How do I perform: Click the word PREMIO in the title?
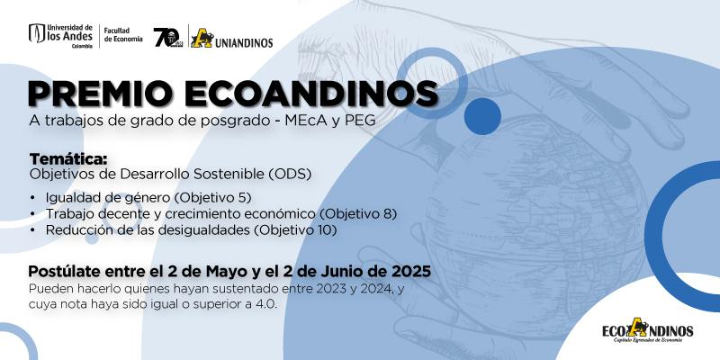[102, 94]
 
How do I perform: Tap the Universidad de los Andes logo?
[60, 36]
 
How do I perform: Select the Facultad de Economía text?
[123, 35]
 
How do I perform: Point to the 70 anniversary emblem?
[166, 37]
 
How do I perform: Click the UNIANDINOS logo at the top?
[232, 39]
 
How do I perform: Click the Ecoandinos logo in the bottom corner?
[647, 329]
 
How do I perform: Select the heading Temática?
[68, 159]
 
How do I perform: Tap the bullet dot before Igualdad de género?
[32, 198]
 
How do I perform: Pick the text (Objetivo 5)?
[212, 198]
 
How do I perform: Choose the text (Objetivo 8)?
[358, 214]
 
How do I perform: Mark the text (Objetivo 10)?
[295, 230]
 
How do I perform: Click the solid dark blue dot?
[482, 116]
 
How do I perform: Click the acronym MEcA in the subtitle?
[302, 121]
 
